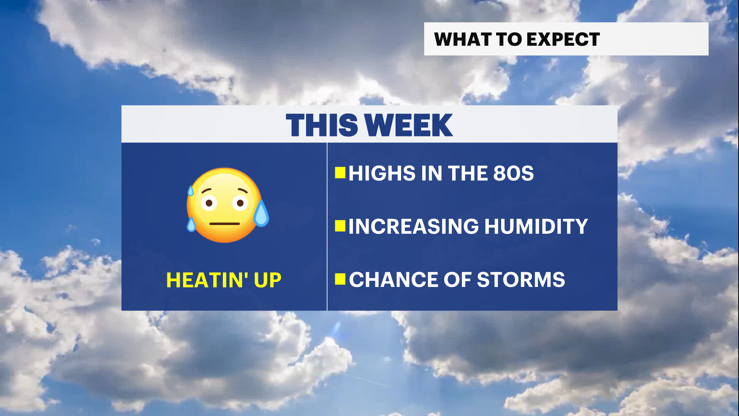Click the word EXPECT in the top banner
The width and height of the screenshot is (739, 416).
click(x=563, y=39)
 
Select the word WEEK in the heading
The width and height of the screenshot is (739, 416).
click(x=408, y=125)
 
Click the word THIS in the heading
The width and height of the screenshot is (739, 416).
click(x=322, y=125)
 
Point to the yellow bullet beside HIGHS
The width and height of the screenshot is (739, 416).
click(x=340, y=173)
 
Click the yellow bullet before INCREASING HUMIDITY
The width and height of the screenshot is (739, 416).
click(x=340, y=226)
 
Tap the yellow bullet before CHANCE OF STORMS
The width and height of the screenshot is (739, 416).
click(x=340, y=279)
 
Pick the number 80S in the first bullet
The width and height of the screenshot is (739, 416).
click(x=513, y=173)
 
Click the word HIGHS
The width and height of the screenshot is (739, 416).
click(x=382, y=173)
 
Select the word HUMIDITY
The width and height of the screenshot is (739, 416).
click(x=536, y=226)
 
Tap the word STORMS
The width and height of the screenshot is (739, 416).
click(x=521, y=280)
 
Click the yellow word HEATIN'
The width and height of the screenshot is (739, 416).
click(x=207, y=280)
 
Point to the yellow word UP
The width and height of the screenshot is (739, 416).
click(x=268, y=280)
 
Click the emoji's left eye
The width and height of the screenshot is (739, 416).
click(x=209, y=203)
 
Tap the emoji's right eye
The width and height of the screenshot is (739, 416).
click(x=240, y=203)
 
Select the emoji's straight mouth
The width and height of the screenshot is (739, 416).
click(x=225, y=223)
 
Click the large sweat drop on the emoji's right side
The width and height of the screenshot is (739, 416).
click(x=261, y=213)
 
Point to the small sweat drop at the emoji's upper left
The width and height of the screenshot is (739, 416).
click(x=191, y=191)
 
